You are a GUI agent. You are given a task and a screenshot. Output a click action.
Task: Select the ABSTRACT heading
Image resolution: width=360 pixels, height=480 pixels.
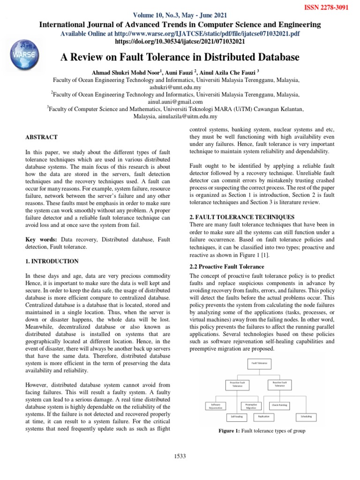(41, 137)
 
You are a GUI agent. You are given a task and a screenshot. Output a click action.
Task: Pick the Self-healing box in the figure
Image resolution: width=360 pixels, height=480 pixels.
(237, 416)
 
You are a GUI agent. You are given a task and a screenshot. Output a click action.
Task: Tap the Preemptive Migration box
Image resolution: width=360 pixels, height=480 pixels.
(251, 405)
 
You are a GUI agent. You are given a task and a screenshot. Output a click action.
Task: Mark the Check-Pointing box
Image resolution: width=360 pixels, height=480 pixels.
(281, 404)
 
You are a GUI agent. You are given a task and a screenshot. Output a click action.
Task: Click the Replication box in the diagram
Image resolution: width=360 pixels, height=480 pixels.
(263, 416)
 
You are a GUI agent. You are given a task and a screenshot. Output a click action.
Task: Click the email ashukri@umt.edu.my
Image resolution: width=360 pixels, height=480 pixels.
(180, 87)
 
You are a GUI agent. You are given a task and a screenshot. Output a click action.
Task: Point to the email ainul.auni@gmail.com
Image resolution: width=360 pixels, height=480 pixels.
(180, 102)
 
